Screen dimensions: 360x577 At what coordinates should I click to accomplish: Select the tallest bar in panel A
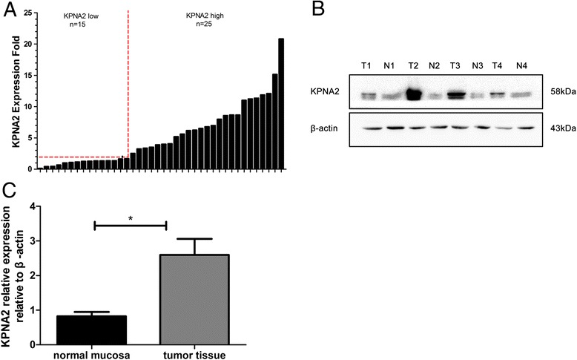pyautogui.click(x=281, y=104)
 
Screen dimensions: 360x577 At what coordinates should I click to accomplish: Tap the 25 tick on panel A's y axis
pyautogui.click(x=27, y=12)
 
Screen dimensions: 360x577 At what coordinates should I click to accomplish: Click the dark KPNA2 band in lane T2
pyautogui.click(x=413, y=94)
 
